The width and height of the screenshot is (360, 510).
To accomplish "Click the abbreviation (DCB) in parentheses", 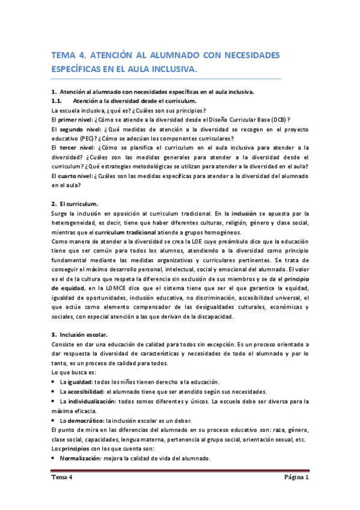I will click(x=275, y=120).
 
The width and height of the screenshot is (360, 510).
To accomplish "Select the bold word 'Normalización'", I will click(x=82, y=458).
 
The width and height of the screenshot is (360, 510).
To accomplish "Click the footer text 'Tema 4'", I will click(x=61, y=478).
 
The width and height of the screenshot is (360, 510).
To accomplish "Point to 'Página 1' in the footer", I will click(x=296, y=478).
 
